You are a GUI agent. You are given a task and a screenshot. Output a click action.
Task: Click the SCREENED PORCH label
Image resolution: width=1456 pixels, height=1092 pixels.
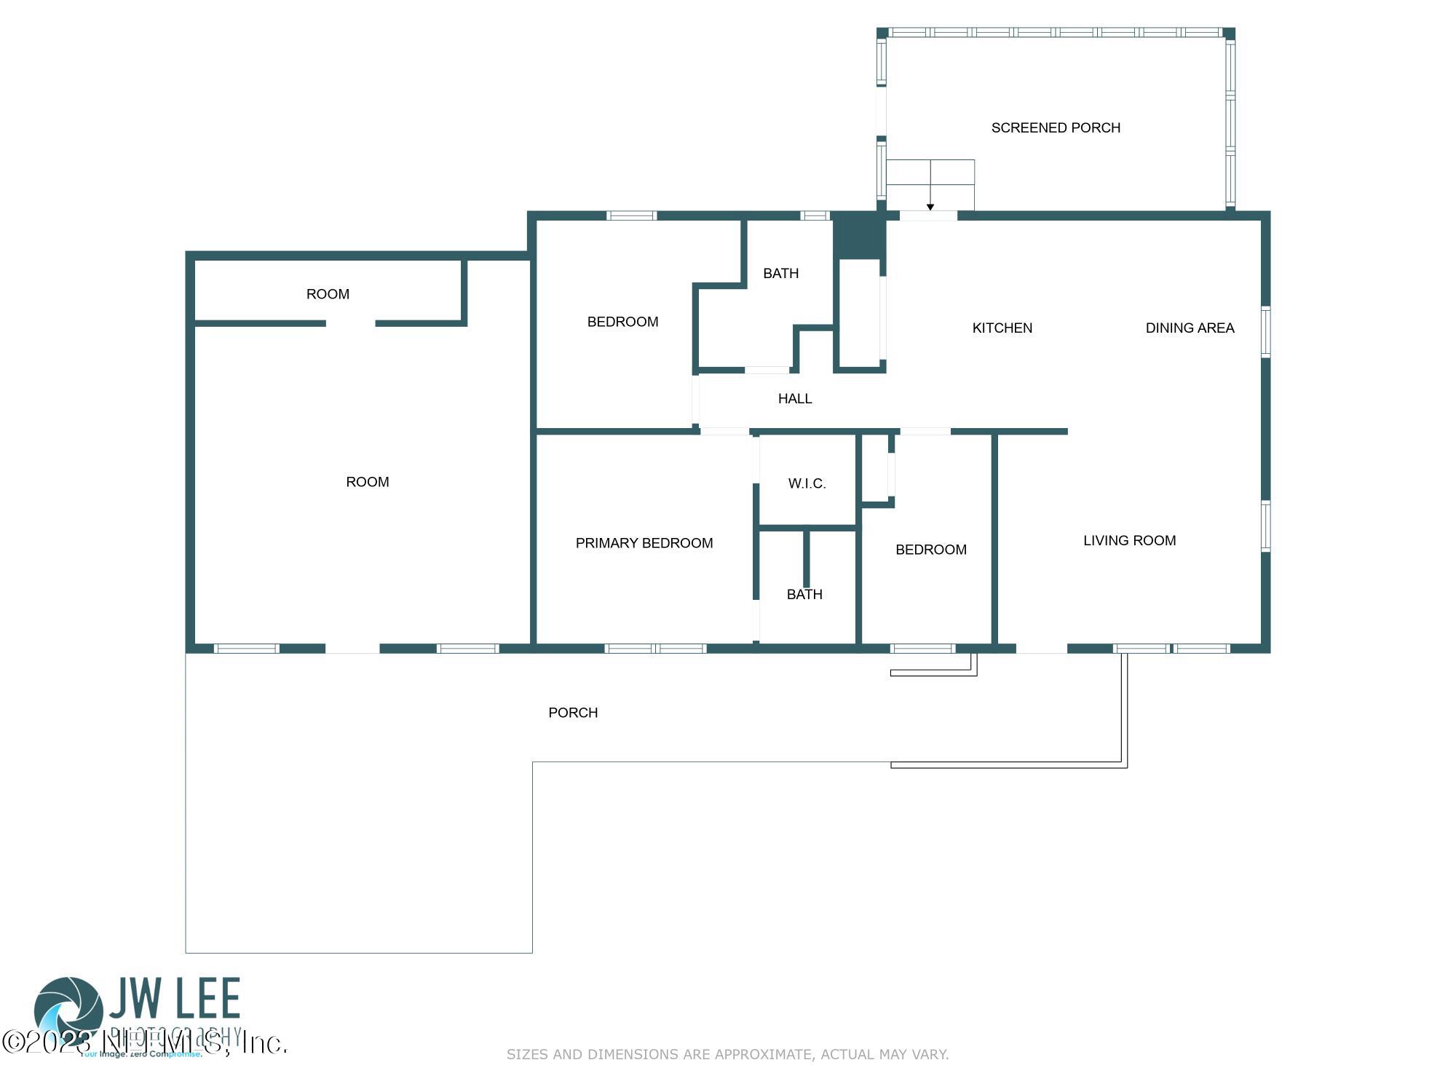(x=1056, y=128)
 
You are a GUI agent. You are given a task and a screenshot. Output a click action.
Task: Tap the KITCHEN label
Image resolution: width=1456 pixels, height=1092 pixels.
(x=1002, y=328)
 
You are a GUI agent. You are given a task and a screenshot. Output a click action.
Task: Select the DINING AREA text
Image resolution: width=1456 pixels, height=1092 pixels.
(x=1190, y=328)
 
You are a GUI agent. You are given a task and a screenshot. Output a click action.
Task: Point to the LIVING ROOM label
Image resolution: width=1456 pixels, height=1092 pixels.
(x=1129, y=541)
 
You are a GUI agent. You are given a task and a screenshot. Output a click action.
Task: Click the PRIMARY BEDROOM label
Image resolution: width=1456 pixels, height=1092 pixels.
(x=644, y=543)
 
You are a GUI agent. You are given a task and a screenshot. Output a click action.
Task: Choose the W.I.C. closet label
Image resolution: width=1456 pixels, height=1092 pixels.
(x=807, y=483)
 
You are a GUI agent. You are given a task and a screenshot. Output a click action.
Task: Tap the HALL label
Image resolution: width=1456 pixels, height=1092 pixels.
(x=794, y=399)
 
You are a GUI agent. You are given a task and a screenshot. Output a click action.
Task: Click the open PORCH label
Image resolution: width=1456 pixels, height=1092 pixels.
(x=573, y=713)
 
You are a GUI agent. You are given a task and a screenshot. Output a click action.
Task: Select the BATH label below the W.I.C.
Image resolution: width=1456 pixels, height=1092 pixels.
(x=804, y=595)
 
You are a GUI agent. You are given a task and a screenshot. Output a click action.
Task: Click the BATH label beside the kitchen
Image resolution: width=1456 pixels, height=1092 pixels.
(x=780, y=274)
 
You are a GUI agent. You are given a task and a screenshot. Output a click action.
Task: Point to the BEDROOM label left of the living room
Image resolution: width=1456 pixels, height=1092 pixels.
(x=930, y=550)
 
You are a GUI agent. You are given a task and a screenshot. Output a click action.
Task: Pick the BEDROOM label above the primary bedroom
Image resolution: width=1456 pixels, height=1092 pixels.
(x=622, y=322)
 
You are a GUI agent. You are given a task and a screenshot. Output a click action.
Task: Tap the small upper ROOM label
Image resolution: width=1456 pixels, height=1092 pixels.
(x=328, y=294)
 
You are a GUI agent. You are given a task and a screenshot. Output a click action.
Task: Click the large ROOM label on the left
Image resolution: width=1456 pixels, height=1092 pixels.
(x=367, y=482)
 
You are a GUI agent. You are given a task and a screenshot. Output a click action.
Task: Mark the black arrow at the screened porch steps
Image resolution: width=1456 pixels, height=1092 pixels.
(x=930, y=207)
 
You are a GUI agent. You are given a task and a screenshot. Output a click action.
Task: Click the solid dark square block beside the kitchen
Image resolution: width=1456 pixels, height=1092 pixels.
(x=858, y=235)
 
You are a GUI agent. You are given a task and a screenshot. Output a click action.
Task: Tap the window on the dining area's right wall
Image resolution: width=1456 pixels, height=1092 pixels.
(x=1265, y=332)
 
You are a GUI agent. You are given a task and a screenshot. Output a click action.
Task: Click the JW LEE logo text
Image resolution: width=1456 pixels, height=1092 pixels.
(x=175, y=999)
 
